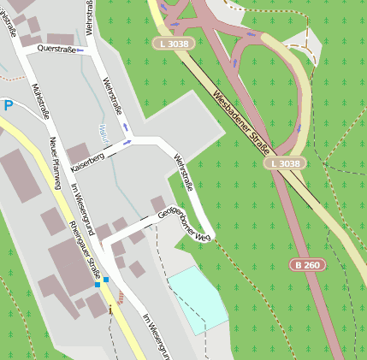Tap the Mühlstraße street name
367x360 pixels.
pos(38,102)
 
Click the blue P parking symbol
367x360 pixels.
pos(9,105)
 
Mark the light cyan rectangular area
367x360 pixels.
pos(198,298)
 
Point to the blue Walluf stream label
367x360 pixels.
pos(102,133)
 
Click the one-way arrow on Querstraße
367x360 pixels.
pos(80,50)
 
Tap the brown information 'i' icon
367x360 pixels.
pos(121,297)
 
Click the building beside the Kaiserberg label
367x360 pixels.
pos(80,153)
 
